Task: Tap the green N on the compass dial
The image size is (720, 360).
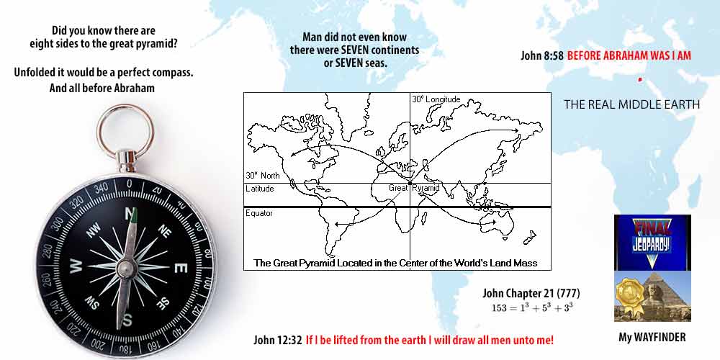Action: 130,214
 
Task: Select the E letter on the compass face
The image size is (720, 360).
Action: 181,268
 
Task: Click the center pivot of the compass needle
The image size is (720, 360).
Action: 127,268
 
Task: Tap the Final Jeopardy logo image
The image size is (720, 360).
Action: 652,242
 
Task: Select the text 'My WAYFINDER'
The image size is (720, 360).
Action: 652,337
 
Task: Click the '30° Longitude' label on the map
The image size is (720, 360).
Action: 436,99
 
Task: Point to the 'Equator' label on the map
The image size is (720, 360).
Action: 259,213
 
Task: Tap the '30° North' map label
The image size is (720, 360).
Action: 261,175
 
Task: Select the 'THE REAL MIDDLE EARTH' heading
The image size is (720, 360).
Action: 631,104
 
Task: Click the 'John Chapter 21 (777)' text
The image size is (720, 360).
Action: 531,293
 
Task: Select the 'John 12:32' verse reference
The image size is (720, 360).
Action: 278,340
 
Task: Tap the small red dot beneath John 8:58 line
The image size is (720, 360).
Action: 639,79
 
